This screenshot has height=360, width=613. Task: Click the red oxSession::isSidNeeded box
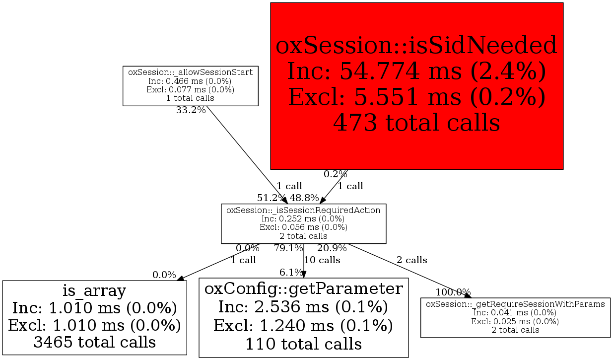click(416, 86)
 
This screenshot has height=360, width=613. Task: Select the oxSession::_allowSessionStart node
click(190, 85)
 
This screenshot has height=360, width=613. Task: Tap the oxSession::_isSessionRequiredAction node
click(303, 223)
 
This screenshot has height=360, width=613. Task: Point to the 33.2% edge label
click(191, 110)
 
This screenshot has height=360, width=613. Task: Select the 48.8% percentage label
click(304, 198)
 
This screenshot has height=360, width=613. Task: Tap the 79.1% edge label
click(288, 248)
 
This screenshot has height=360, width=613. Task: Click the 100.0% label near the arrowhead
click(453, 292)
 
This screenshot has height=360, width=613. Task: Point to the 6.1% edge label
click(291, 272)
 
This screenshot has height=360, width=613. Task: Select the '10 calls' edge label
click(322, 260)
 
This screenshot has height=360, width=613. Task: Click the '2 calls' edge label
click(411, 260)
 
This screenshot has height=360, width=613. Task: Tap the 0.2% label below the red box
click(336, 174)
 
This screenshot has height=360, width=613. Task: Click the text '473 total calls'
click(416, 122)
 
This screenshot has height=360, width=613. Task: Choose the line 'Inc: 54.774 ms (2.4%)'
click(416, 72)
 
